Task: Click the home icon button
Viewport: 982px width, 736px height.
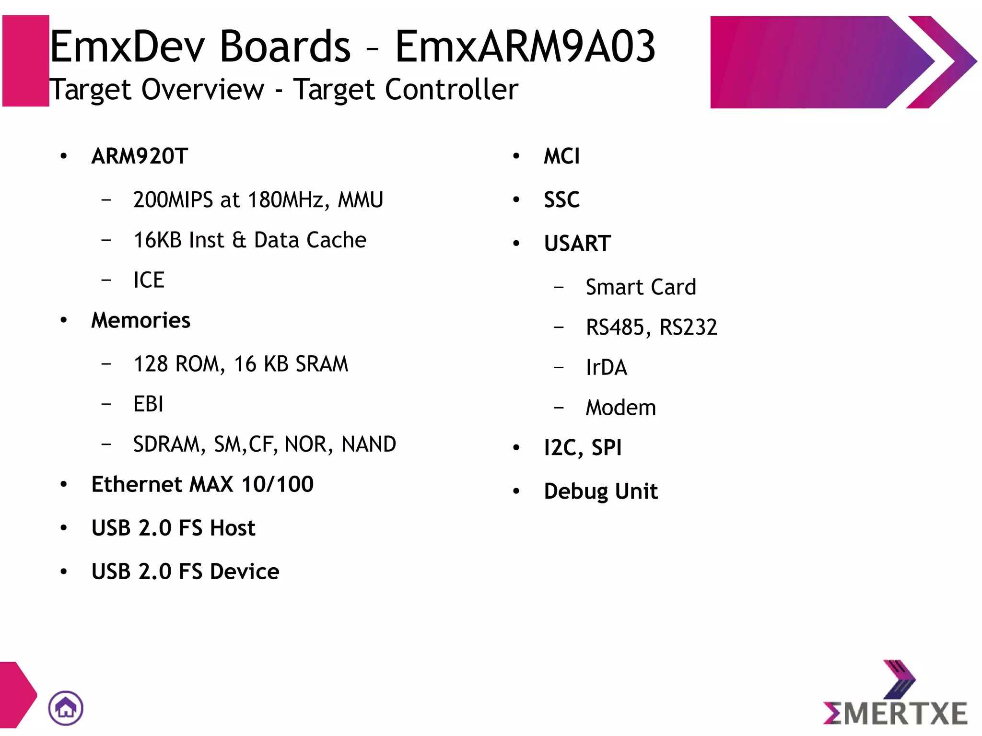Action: (x=66, y=708)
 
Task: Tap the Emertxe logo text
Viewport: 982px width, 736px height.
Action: (x=895, y=713)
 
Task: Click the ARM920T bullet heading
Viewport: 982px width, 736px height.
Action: (x=140, y=156)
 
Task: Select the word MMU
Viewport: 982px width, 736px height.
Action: (x=361, y=200)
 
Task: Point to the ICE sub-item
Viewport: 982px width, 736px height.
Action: (x=149, y=280)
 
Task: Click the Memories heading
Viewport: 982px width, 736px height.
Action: (x=140, y=320)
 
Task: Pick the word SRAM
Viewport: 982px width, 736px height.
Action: (x=322, y=364)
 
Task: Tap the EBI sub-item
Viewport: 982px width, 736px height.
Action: (x=148, y=404)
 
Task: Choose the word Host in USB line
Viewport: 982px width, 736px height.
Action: (x=233, y=528)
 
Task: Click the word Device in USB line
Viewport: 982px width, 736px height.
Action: (x=245, y=572)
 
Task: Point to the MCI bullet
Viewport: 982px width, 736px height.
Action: (x=561, y=156)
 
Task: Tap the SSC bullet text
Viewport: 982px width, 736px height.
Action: (x=561, y=200)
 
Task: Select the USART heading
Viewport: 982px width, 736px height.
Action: (x=577, y=244)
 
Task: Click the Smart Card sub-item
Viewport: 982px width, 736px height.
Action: (x=641, y=287)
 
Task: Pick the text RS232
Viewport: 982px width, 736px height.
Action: (x=688, y=327)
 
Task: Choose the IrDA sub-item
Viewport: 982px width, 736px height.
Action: (x=606, y=368)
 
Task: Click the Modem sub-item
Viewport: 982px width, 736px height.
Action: (x=620, y=408)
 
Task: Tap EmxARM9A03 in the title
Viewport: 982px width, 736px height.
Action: (x=525, y=47)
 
